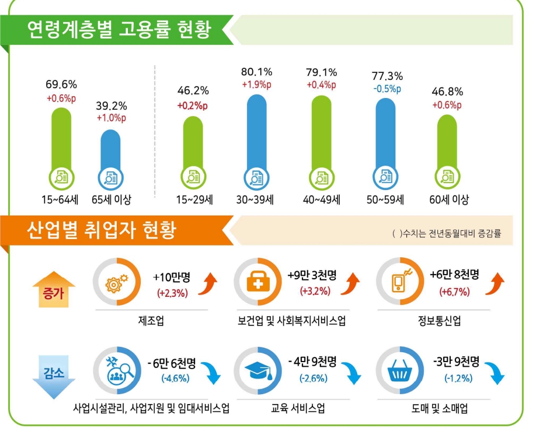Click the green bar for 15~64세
[x=61, y=140]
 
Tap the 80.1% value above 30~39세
[x=257, y=72]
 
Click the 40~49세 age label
[x=322, y=200]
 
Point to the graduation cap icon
[x=257, y=369]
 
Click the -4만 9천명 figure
[x=313, y=362]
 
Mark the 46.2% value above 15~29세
[x=193, y=90]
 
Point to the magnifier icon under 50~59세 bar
[x=385, y=176]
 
